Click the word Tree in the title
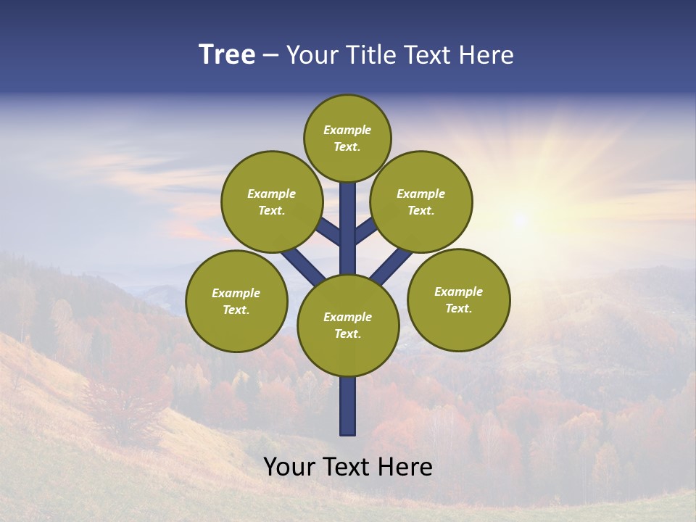[x=227, y=55]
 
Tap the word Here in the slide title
[x=486, y=55]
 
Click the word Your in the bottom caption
[x=288, y=467]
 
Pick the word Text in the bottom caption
[x=347, y=467]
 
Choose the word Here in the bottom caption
[x=407, y=467]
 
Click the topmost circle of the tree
[x=347, y=138]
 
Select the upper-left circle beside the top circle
[x=272, y=202]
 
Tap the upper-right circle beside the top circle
[x=421, y=202]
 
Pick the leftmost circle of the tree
[x=236, y=301]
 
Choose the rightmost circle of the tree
[x=458, y=299]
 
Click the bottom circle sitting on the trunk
[x=348, y=326]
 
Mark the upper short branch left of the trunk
[x=329, y=232]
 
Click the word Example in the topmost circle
[x=347, y=130]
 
